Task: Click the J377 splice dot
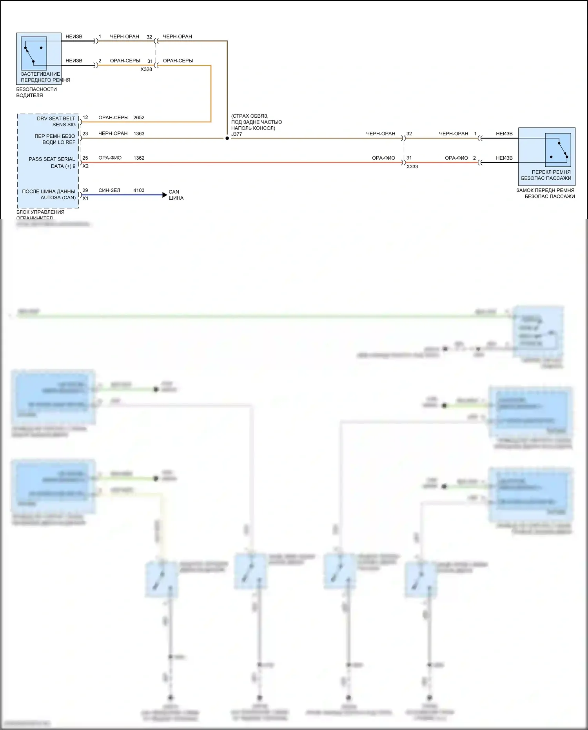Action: [x=227, y=138]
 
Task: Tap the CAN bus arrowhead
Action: [x=165, y=195]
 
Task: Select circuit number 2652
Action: [x=139, y=118]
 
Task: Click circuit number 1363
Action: [x=139, y=134]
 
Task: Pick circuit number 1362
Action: [x=139, y=158]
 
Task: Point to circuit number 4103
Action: [x=139, y=190]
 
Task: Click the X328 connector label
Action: [x=146, y=69]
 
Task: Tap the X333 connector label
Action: [x=412, y=167]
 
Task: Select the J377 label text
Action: [x=236, y=134]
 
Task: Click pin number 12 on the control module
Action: [x=85, y=118]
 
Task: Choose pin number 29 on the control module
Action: [x=85, y=190]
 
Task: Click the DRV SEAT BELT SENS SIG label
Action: [x=56, y=122]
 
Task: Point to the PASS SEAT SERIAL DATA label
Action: [x=52, y=162]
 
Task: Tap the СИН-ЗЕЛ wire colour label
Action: [x=109, y=190]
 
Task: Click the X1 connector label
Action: [x=85, y=198]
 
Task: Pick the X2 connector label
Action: [x=85, y=166]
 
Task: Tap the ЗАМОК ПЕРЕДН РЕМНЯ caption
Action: [x=545, y=190]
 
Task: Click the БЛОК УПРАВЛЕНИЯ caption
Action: [x=40, y=212]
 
